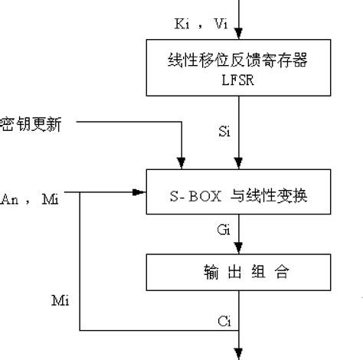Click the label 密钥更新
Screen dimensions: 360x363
(31, 123)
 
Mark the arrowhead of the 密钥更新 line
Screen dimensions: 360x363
(181, 162)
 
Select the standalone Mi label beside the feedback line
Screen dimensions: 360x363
(60, 299)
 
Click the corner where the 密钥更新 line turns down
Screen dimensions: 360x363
(181, 122)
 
